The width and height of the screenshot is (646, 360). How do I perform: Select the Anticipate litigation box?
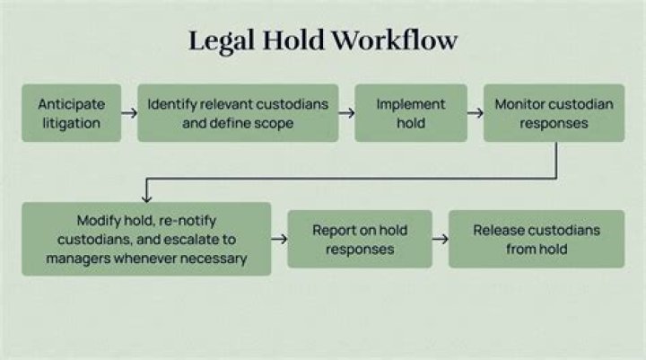(x=72, y=113)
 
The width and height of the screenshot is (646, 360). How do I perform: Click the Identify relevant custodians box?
(x=238, y=113)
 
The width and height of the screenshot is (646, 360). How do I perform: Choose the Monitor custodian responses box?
(x=554, y=113)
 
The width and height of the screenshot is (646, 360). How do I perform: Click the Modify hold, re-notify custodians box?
(x=146, y=239)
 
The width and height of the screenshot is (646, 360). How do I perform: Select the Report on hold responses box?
(x=359, y=239)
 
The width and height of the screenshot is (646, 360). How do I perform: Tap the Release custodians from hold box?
(x=536, y=239)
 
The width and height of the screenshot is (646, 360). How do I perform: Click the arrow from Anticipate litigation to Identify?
(x=129, y=113)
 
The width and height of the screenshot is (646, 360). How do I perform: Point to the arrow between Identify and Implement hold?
(x=346, y=113)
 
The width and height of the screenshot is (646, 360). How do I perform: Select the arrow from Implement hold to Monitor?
(x=476, y=113)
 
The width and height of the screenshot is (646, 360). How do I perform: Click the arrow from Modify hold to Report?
(x=279, y=239)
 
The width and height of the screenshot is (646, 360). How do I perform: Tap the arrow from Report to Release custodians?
(x=440, y=239)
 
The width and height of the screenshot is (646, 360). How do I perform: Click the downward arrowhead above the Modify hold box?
(x=145, y=194)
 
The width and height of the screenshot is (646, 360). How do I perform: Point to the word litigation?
(x=72, y=123)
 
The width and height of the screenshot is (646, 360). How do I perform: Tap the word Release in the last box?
(x=498, y=230)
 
